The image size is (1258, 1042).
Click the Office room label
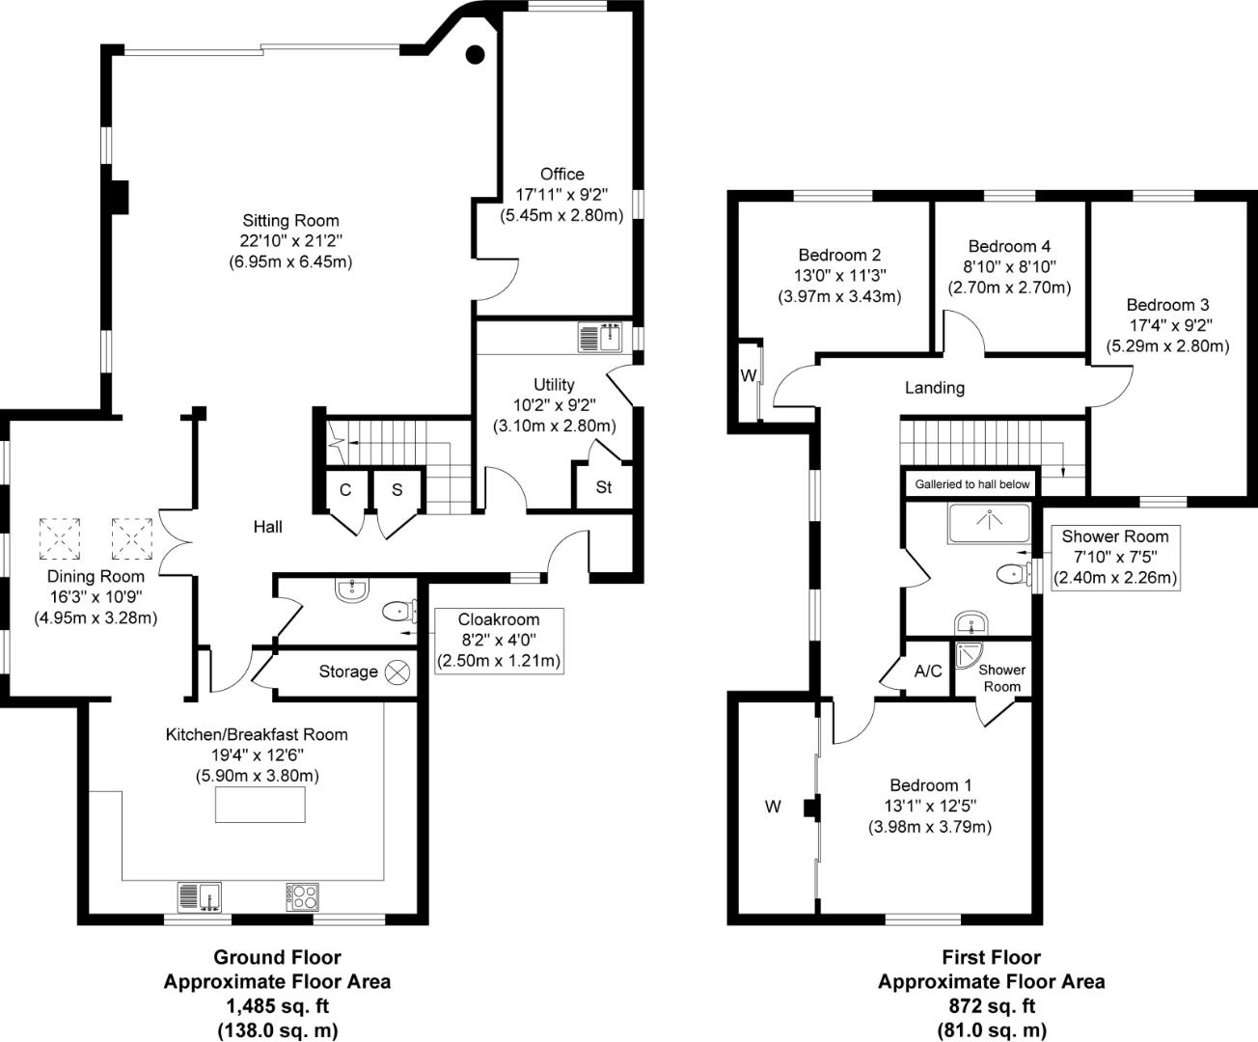tap(561, 174)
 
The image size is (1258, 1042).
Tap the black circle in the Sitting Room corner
tap(476, 55)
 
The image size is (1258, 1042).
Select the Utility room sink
tap(600, 338)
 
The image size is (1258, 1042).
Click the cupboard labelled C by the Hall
tap(344, 490)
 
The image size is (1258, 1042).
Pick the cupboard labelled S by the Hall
tap(397, 490)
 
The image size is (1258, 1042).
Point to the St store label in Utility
tap(604, 487)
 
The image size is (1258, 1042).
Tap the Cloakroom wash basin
tap(352, 590)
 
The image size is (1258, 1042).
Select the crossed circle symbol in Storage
tap(397, 672)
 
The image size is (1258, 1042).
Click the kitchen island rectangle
tap(260, 805)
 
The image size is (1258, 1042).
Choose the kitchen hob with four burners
tap(302, 896)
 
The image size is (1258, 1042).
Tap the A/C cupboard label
tap(927, 671)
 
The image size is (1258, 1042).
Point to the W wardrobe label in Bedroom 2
tap(749, 376)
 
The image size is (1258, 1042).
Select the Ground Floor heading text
tap(277, 957)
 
